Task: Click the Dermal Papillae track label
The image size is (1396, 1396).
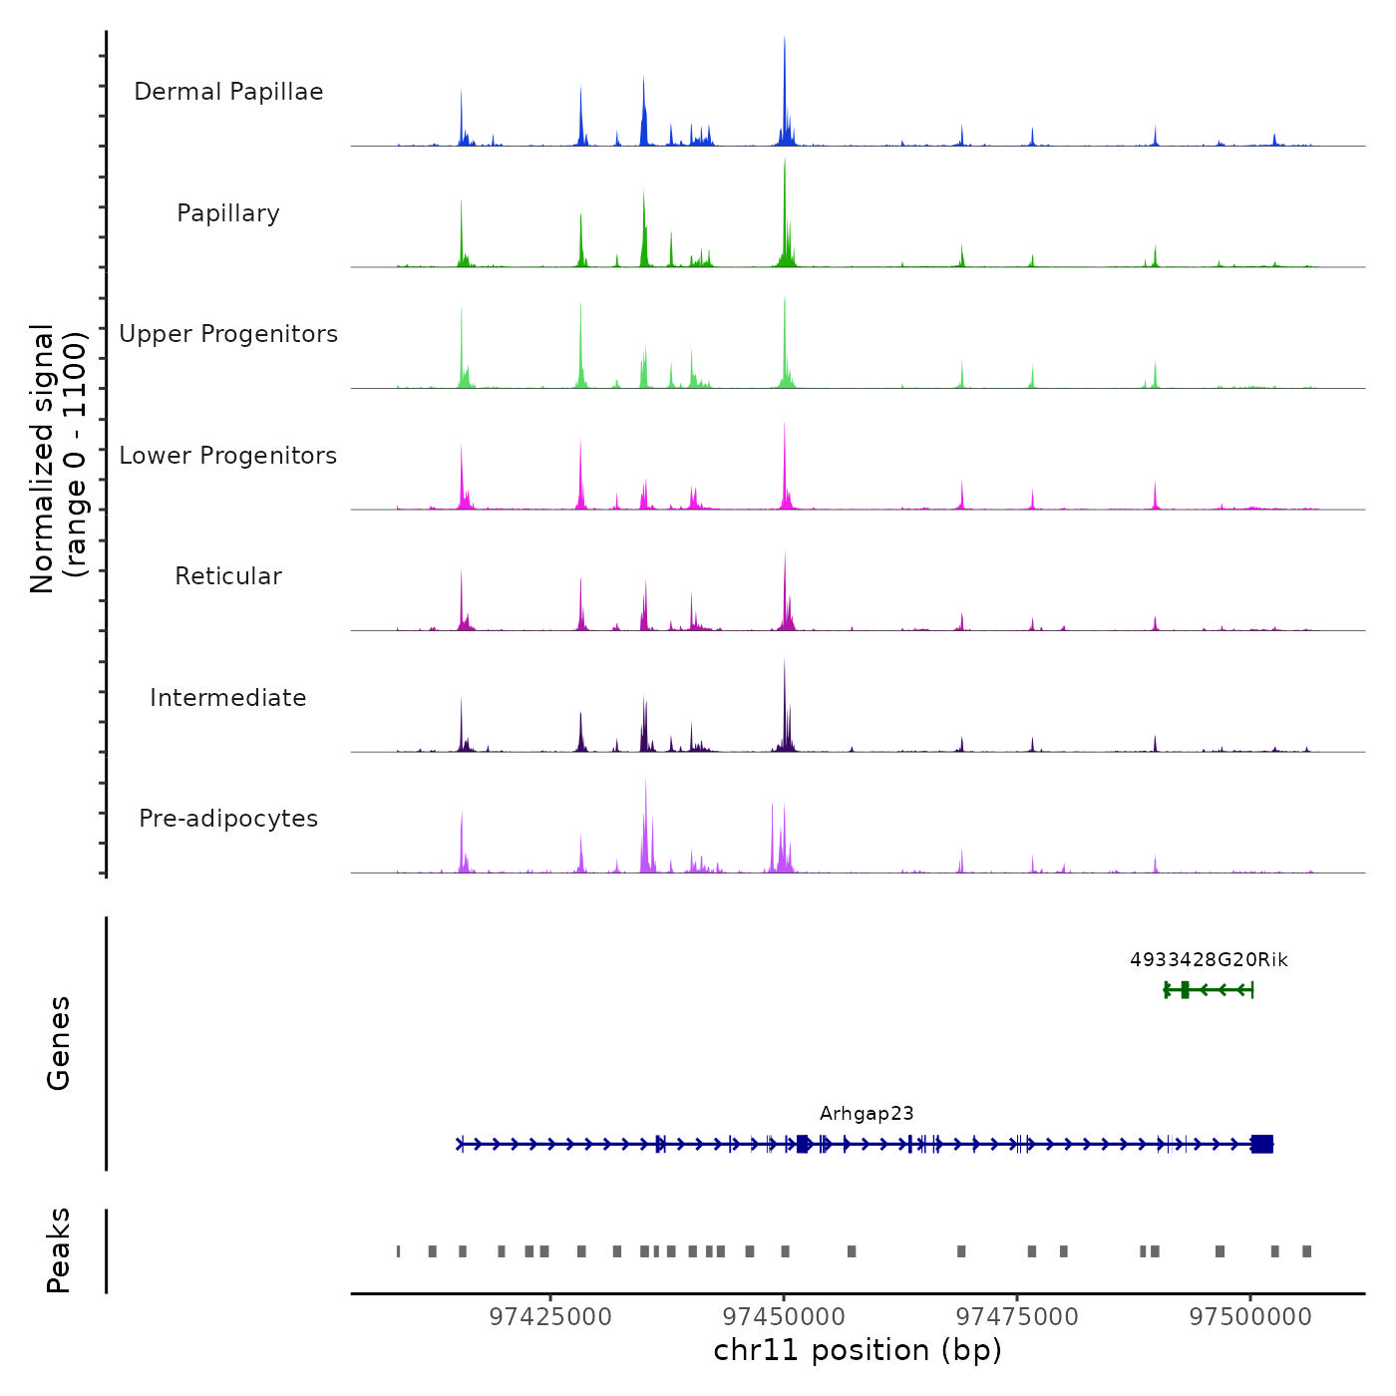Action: point(228,92)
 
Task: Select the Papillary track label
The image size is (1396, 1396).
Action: point(228,213)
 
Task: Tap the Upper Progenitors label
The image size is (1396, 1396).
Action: point(228,334)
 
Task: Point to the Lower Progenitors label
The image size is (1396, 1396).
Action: point(228,456)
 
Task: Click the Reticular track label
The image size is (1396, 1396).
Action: point(228,576)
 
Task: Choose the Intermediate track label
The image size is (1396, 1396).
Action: point(228,698)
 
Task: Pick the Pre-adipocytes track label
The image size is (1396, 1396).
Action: point(228,819)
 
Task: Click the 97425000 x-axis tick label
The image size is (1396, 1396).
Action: point(550,1316)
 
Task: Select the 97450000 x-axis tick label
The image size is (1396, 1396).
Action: point(784,1316)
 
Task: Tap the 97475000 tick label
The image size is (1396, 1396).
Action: point(1017,1316)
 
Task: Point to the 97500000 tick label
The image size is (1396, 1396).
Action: point(1250,1316)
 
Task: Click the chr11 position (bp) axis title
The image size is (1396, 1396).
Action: point(858,1350)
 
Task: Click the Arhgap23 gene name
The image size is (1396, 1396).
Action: point(867,1114)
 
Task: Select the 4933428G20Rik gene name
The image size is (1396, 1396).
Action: point(1209,960)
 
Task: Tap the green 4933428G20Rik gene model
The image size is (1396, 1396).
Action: point(1209,989)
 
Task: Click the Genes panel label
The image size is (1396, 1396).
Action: point(59,1043)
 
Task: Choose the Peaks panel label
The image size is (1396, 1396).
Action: point(59,1250)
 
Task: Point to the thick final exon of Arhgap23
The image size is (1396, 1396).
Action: point(1262,1144)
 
